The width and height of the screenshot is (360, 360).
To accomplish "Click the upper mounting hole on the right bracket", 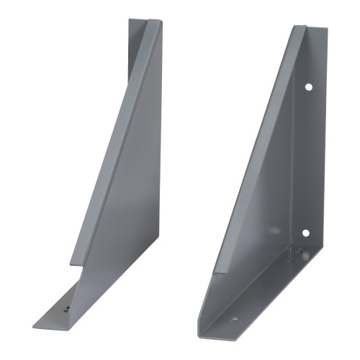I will point(307,86).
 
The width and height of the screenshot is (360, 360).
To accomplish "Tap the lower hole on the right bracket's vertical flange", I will point(305,233).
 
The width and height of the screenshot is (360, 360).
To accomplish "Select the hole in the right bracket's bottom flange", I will point(233,317).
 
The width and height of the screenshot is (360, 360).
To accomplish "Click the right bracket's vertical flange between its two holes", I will point(308,158).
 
